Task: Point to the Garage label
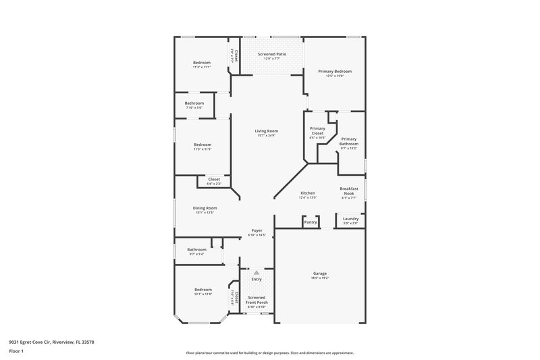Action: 320,274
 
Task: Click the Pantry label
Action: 310,222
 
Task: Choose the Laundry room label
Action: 350,218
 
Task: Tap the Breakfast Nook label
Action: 348,190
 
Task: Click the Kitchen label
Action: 308,193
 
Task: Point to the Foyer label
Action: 257,230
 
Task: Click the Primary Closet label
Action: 317,131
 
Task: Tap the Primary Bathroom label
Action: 349,141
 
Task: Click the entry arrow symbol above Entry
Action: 256,272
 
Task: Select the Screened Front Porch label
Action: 257,299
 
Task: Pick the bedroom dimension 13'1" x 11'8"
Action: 203,294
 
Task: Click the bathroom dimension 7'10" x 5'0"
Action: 194,107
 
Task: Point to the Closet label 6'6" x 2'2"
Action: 214,182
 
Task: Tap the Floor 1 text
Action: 16,352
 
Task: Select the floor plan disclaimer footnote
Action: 270,353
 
